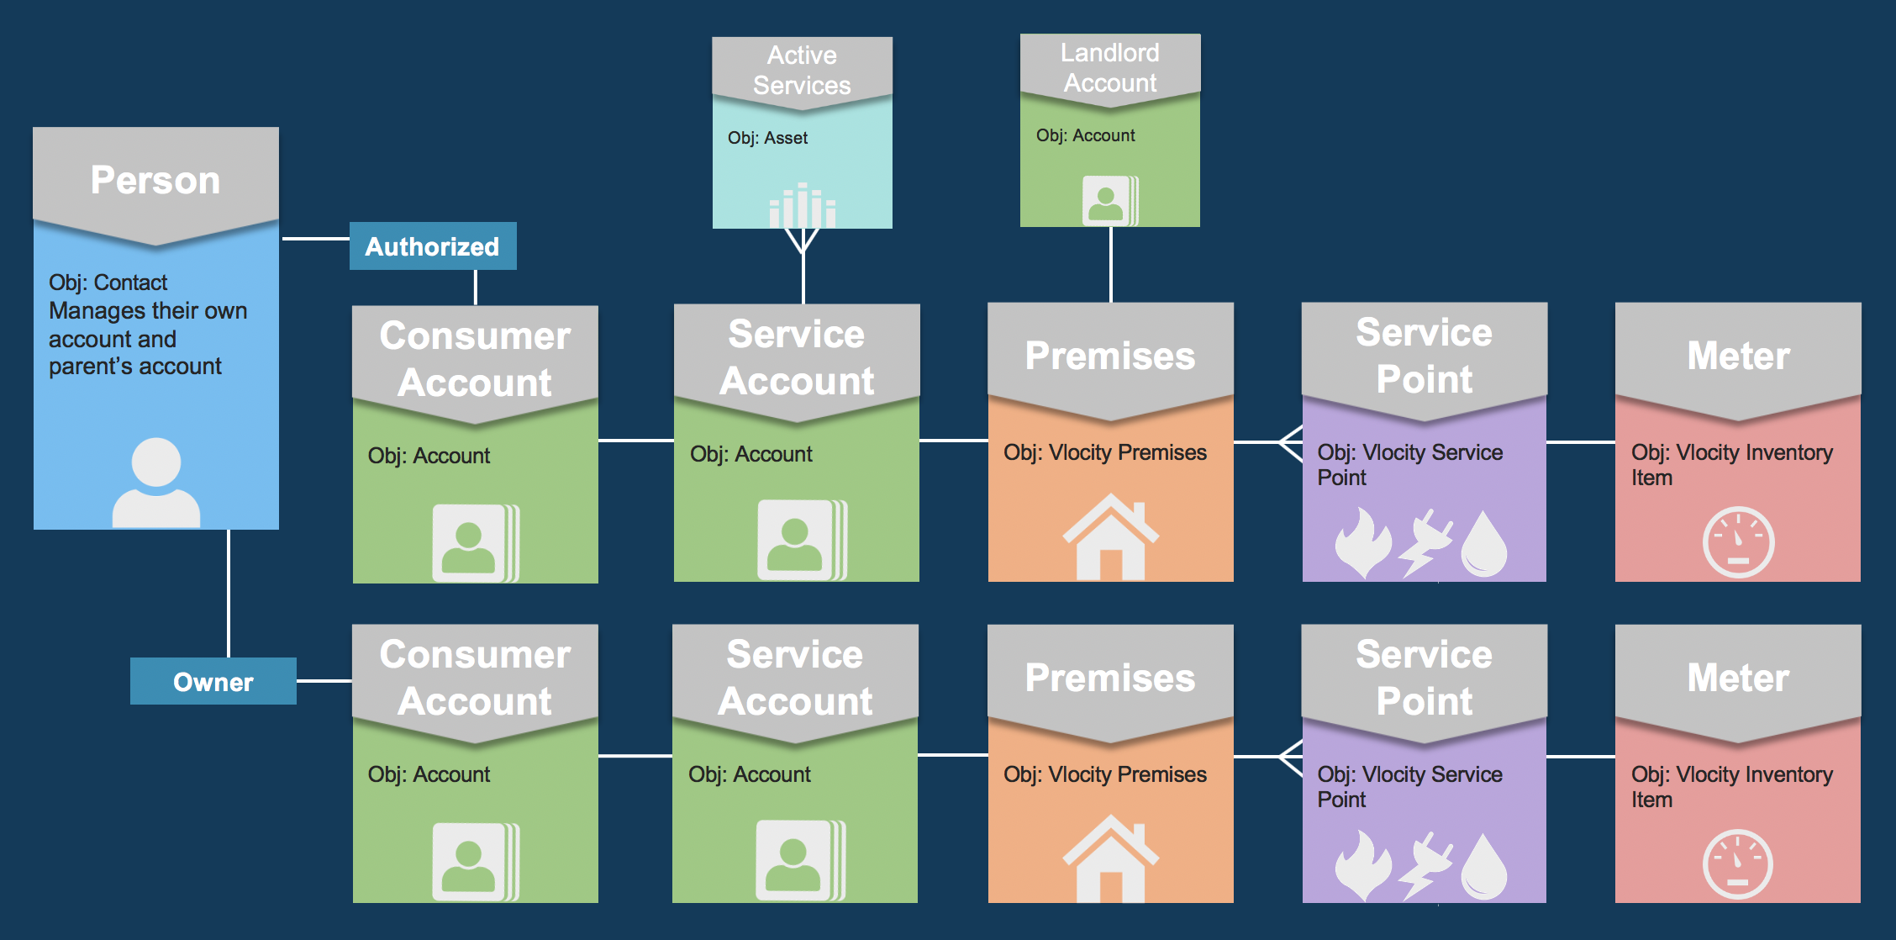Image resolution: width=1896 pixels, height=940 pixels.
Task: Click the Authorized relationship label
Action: tap(432, 246)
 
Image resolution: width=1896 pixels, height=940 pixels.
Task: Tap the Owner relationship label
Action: tap(213, 682)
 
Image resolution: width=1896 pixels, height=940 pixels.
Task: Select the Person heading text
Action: tap(155, 180)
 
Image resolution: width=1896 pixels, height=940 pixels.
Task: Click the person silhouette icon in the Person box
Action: tap(156, 483)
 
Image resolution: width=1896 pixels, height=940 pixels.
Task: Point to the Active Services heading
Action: tap(802, 70)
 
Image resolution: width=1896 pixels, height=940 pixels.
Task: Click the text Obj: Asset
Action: tap(767, 138)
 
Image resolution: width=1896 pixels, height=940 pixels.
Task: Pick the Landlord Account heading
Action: tap(1109, 67)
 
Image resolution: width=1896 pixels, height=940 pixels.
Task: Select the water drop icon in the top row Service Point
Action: tap(1484, 544)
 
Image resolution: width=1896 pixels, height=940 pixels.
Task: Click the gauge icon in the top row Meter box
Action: tap(1738, 542)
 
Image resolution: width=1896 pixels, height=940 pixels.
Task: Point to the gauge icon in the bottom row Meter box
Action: tap(1738, 864)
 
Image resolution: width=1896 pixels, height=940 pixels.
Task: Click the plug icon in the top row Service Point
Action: tap(1425, 542)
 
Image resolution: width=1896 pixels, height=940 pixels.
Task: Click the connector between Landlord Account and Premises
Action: tap(1111, 264)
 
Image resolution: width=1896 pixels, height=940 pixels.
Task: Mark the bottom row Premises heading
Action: tap(1109, 678)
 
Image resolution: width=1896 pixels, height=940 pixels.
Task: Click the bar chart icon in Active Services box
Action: tap(802, 206)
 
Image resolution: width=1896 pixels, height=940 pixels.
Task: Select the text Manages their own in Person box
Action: tap(148, 310)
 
